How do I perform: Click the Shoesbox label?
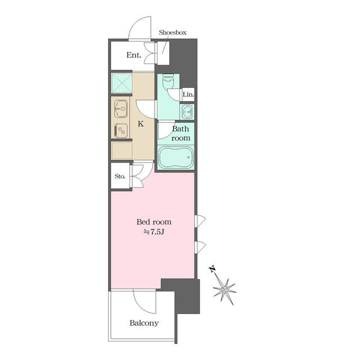(173, 33)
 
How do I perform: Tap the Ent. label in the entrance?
(134, 55)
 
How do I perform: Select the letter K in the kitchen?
(141, 124)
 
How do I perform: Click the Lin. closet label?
(188, 94)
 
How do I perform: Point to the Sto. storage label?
(120, 176)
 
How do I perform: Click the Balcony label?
(144, 323)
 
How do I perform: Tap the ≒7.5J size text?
(154, 232)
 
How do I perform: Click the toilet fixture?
(168, 82)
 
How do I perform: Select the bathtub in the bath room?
(176, 157)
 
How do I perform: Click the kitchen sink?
(121, 109)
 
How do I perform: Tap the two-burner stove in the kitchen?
(121, 130)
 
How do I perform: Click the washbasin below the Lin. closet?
(187, 112)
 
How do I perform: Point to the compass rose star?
(224, 290)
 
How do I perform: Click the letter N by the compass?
(213, 269)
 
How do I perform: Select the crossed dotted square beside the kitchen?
(121, 83)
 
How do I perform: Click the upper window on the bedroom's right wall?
(200, 221)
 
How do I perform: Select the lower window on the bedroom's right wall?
(200, 247)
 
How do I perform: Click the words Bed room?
(154, 222)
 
